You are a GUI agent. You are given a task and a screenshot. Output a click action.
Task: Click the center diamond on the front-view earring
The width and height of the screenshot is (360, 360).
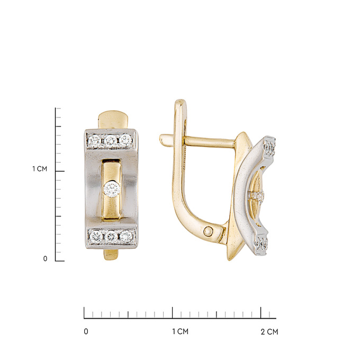pyautogui.click(x=112, y=189)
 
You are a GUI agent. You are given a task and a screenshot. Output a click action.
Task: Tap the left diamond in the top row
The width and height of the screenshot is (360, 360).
pyautogui.click(x=94, y=140)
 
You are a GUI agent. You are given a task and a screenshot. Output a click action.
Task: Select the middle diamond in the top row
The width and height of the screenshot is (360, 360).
pyautogui.click(x=111, y=140)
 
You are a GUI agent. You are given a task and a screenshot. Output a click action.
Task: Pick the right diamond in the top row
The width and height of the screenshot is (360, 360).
pyautogui.click(x=126, y=140)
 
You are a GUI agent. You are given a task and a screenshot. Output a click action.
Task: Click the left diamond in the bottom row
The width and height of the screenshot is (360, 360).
pyautogui.click(x=96, y=236)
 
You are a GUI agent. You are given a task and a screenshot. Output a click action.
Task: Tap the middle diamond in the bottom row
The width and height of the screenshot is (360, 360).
pyautogui.click(x=111, y=236)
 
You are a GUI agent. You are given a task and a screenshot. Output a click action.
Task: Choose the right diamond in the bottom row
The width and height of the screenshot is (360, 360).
pyautogui.click(x=126, y=236)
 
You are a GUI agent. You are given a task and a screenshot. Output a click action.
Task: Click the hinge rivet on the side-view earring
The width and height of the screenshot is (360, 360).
pyautogui.click(x=208, y=231)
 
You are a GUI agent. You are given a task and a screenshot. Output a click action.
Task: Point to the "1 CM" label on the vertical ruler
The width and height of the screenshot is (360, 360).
pyautogui.click(x=40, y=169)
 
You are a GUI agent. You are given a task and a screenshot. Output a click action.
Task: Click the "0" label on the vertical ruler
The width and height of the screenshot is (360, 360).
pyautogui.click(x=45, y=259)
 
